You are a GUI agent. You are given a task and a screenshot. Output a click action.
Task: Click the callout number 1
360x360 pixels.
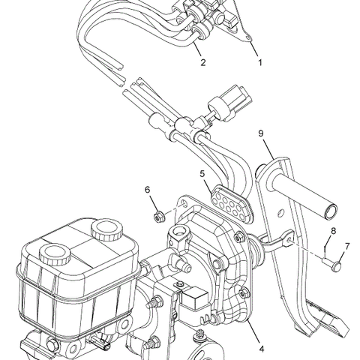click(260, 63)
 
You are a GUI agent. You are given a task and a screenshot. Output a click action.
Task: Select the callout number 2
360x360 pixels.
click(202, 63)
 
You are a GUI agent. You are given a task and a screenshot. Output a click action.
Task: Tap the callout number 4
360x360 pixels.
click(260, 347)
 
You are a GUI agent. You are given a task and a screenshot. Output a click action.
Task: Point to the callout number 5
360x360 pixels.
click(203, 174)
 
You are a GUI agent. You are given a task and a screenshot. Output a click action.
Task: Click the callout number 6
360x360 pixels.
click(148, 190)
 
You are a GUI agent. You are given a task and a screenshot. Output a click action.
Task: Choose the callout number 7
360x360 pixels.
click(346, 246)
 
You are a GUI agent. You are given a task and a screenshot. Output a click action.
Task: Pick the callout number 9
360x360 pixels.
click(261, 133)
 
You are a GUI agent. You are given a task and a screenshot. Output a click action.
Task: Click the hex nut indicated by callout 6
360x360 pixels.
click(159, 218)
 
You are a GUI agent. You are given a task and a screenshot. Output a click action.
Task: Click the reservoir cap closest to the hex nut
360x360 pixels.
click(103, 229)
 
